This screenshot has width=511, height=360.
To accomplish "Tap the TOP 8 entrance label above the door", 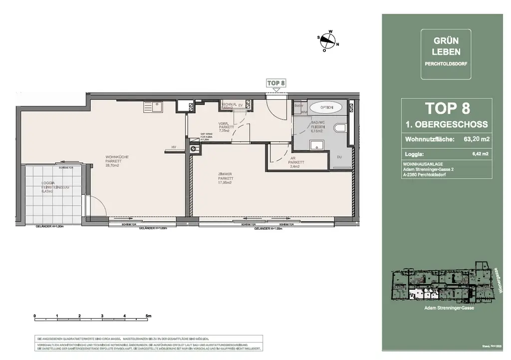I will [x=276, y=83].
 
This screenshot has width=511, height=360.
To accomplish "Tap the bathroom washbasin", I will [x=316, y=145].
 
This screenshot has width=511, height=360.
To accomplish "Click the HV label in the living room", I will [x=174, y=147].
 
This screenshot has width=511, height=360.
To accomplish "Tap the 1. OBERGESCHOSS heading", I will [x=447, y=124].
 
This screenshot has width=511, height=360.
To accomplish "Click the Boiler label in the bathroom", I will [x=299, y=106].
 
